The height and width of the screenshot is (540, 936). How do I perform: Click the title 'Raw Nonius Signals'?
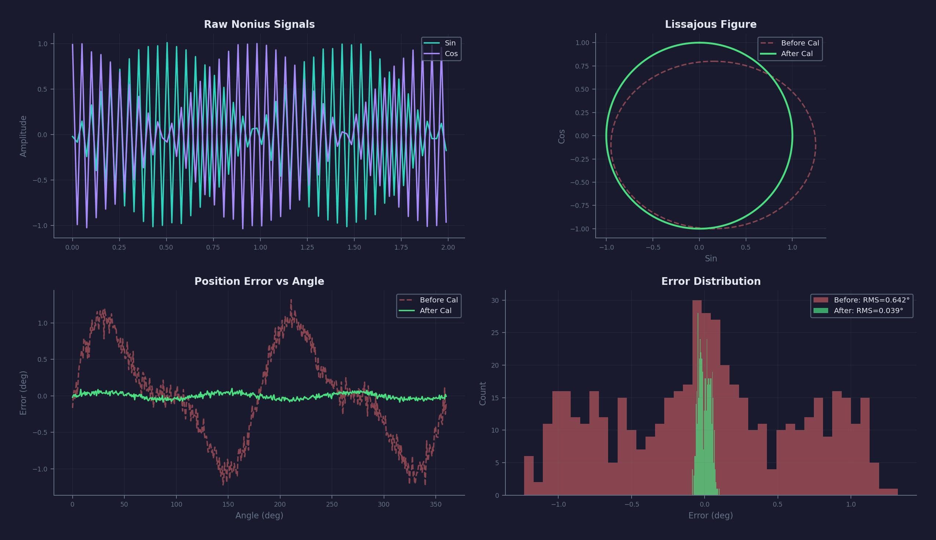[259, 25]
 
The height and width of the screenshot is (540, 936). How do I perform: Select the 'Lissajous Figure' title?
[710, 25]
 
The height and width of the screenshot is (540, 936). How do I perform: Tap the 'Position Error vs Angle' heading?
[259, 282]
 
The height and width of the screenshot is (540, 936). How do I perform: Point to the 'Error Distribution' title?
[710, 282]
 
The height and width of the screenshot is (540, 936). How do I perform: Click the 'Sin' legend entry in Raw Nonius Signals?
[450, 43]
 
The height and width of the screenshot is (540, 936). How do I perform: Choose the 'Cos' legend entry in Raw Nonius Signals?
[451, 54]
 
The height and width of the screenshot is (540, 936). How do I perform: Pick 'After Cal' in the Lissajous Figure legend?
[797, 54]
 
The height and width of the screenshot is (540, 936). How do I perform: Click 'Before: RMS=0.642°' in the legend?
[871, 300]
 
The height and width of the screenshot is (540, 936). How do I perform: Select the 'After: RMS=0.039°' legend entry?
[868, 311]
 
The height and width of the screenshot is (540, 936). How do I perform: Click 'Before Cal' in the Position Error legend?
[439, 300]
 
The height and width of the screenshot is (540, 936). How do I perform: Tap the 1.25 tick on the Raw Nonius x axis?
[307, 247]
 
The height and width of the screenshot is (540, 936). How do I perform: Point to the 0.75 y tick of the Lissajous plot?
[582, 66]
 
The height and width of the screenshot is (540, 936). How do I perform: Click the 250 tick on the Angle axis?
[332, 504]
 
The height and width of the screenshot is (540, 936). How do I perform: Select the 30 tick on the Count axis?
[495, 301]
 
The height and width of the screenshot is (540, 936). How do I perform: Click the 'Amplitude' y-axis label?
[23, 136]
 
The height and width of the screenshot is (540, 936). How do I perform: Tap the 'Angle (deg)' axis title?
[259, 515]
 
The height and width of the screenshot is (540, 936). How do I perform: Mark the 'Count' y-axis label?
[483, 393]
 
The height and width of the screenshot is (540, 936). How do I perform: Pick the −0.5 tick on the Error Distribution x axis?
[631, 504]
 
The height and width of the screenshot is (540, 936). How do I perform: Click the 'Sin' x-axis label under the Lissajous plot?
[710, 258]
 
